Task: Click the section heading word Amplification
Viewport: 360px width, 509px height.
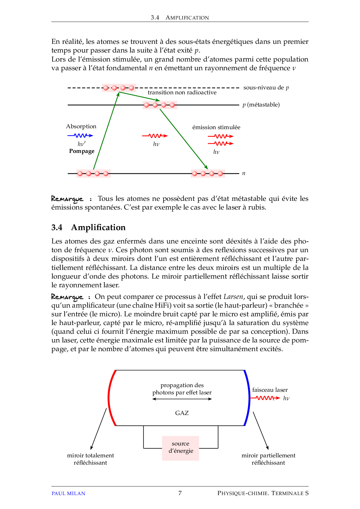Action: [x=98, y=228]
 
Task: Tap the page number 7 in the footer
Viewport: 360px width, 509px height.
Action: [x=180, y=493]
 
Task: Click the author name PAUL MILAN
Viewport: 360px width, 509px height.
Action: [x=68, y=493]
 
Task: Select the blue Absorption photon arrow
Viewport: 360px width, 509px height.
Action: [x=80, y=136]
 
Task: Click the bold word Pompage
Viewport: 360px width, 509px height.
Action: [x=82, y=151]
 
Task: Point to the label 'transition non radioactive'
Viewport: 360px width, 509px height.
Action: [x=182, y=93]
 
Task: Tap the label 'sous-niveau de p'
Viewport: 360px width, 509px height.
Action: [x=266, y=88]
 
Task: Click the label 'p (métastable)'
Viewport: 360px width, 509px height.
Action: [x=261, y=105]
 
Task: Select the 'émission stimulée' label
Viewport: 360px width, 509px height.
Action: [x=216, y=127]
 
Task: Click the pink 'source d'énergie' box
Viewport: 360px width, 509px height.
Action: [x=181, y=448]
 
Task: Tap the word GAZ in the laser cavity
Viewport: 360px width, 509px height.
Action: [x=182, y=413]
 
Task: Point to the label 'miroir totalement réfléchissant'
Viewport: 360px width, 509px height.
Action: [x=90, y=459]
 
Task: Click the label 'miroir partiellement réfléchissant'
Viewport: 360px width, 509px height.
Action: [x=268, y=459]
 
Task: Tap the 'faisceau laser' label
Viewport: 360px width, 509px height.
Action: [x=270, y=390]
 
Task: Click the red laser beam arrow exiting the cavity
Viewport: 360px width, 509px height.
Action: [x=265, y=398]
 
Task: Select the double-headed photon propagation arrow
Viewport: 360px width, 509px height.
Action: [x=182, y=399]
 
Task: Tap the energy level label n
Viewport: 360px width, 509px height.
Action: [x=244, y=174]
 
